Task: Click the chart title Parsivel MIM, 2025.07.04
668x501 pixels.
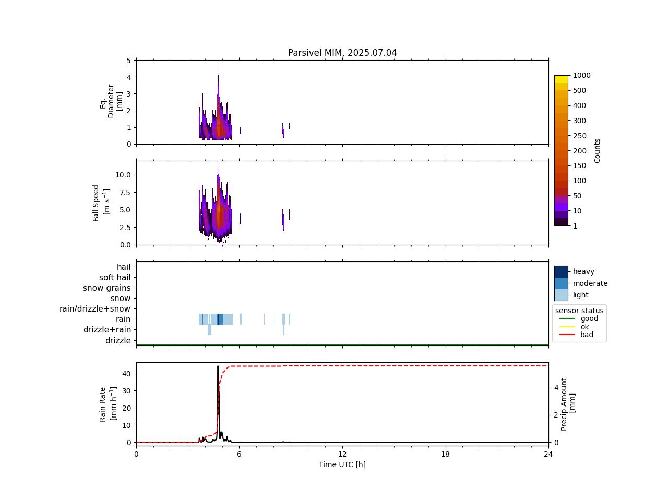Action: tap(342, 53)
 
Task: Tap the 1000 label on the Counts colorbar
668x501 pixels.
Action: tap(581, 75)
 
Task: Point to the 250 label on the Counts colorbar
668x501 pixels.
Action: tap(579, 136)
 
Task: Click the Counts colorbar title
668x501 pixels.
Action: tap(598, 150)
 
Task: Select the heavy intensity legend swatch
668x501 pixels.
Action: tap(561, 271)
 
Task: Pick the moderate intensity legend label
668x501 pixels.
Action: tap(590, 283)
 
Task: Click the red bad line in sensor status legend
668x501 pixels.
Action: tap(567, 335)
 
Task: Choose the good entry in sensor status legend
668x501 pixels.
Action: tap(589, 318)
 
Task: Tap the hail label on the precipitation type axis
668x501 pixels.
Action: tap(124, 267)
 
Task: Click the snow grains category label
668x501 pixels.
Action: tap(107, 288)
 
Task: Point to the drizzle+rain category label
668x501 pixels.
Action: tap(107, 330)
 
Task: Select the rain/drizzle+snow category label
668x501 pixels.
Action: tap(95, 309)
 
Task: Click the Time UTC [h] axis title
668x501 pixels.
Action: tap(342, 464)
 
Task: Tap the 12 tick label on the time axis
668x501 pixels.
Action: tap(342, 454)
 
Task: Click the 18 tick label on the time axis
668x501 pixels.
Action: tap(445, 454)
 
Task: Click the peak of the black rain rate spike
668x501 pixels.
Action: tap(218, 366)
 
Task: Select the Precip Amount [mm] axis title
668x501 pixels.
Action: tap(568, 404)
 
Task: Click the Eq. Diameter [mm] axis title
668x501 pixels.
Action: tap(111, 101)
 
